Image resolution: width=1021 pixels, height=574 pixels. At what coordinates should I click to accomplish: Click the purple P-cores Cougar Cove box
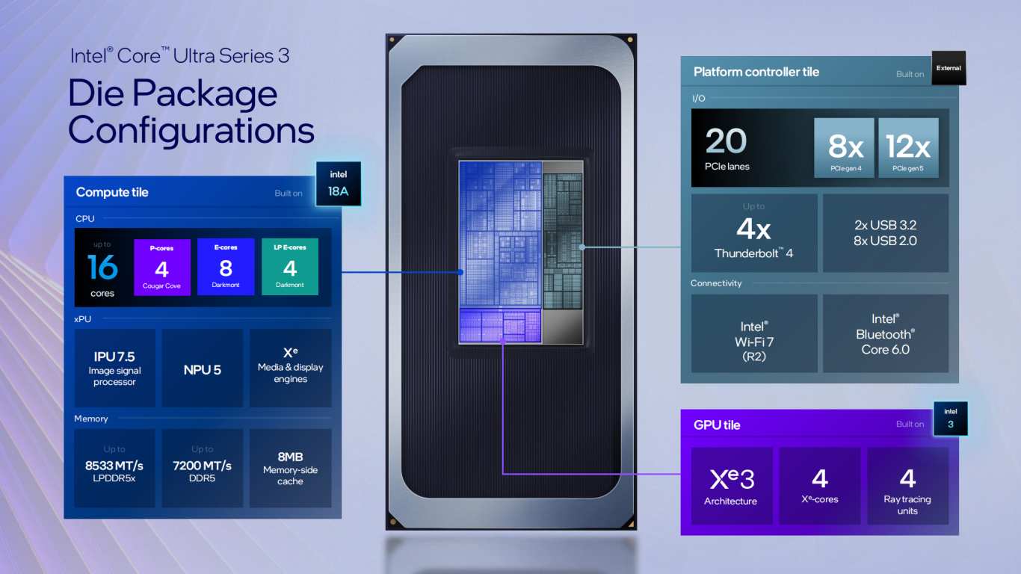tap(161, 267)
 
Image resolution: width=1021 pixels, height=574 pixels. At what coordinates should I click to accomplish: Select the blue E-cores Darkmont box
tap(226, 267)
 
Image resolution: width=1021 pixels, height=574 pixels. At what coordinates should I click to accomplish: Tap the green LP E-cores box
tap(290, 267)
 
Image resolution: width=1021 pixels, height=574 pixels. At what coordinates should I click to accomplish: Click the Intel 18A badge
tap(338, 183)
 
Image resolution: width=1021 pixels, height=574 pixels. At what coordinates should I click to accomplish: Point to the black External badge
tap(948, 68)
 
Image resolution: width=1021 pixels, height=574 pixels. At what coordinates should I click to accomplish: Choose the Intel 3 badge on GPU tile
tap(950, 419)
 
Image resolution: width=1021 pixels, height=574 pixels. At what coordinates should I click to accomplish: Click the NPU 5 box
tap(203, 368)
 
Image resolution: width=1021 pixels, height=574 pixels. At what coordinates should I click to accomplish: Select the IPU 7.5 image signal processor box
tap(114, 368)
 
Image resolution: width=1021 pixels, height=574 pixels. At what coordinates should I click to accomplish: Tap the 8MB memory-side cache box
tap(290, 468)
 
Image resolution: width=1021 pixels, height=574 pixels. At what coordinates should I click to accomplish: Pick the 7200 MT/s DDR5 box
tap(203, 468)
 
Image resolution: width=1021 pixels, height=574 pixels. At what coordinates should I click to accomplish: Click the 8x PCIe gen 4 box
tap(844, 148)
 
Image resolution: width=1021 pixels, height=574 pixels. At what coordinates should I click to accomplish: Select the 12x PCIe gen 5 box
tap(908, 148)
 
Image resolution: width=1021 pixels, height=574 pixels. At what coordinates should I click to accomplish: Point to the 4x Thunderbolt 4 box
tap(754, 233)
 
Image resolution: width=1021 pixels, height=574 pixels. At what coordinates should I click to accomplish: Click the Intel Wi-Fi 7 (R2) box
tap(754, 333)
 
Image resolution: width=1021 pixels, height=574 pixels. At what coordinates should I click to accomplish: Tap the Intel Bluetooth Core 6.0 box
tap(886, 333)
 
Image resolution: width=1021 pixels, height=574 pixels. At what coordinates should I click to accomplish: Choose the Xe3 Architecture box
tap(732, 486)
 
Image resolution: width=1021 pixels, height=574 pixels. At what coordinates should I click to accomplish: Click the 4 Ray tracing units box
tap(908, 486)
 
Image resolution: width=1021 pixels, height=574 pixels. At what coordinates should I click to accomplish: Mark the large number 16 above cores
tap(102, 267)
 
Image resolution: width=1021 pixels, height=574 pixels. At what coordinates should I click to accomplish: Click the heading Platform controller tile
tap(756, 72)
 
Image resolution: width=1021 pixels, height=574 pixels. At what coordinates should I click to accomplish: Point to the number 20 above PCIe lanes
tap(726, 141)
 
